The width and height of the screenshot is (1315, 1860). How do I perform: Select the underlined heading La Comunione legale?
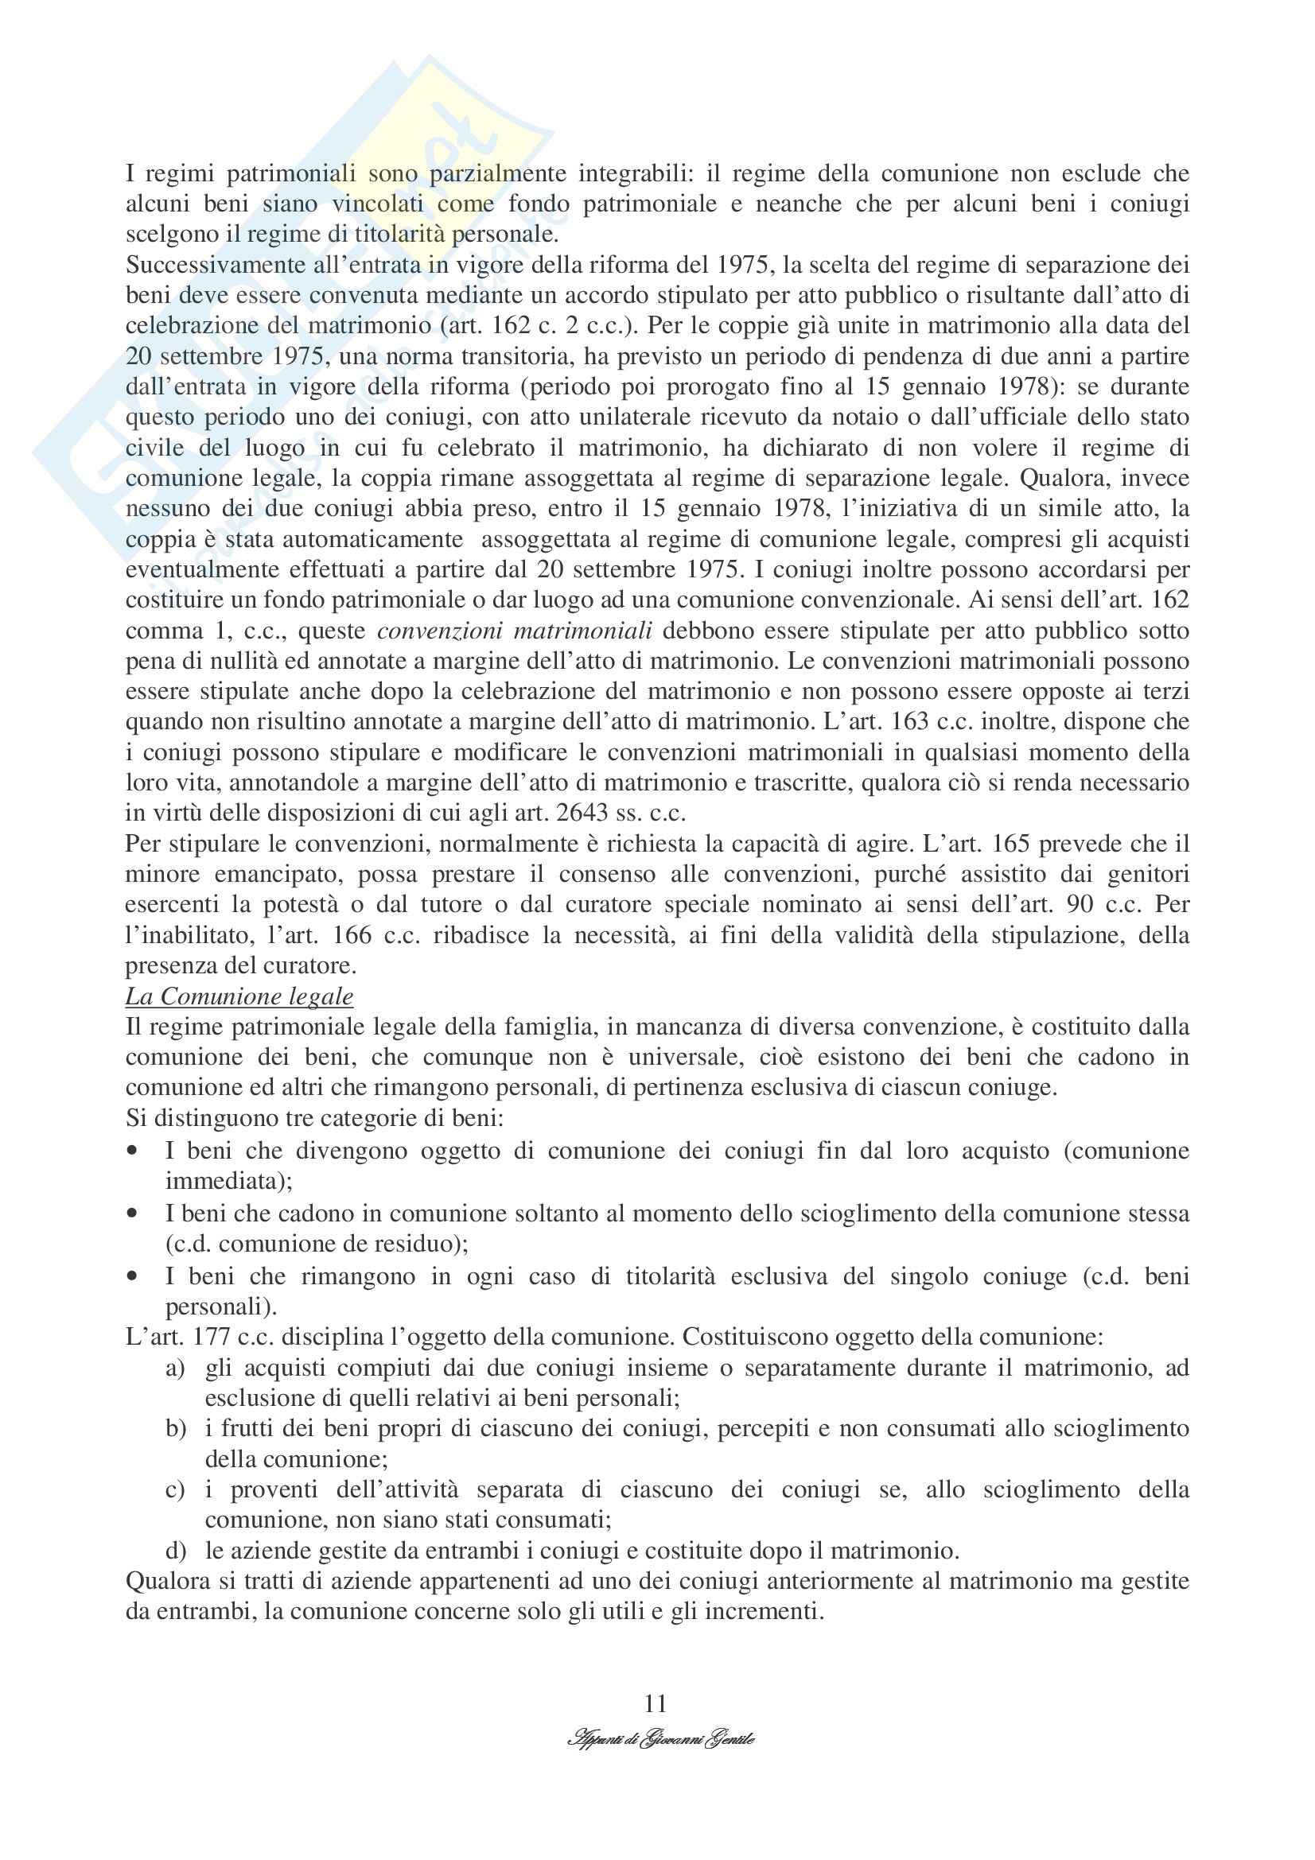(239, 996)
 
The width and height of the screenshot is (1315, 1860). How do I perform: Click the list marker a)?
(175, 1369)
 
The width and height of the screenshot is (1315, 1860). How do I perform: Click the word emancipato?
(275, 875)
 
